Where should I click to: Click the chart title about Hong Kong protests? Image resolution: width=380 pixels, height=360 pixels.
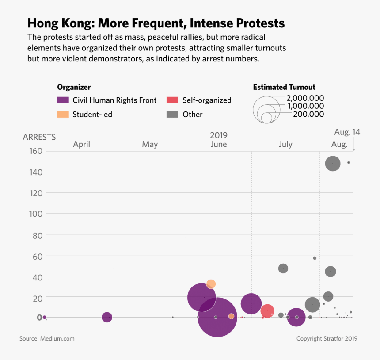(x=156, y=23)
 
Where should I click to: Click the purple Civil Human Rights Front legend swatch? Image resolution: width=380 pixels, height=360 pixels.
(x=64, y=100)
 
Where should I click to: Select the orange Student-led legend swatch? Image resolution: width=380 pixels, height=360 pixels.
(x=64, y=115)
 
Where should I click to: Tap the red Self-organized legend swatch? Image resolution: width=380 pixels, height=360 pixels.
(x=172, y=100)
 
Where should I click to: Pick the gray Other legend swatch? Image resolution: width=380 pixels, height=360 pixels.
(x=172, y=115)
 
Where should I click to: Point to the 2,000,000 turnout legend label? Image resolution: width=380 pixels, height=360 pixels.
(x=305, y=98)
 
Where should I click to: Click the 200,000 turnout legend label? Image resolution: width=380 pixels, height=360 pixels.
(x=308, y=114)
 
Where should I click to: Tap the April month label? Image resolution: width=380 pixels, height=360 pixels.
(x=81, y=144)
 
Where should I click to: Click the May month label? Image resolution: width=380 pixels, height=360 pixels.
(x=150, y=144)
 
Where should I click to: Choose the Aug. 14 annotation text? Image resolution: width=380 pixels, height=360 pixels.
(x=347, y=132)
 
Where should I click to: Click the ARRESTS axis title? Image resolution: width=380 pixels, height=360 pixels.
(x=39, y=137)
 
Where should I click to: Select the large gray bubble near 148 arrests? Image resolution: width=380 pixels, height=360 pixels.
(x=333, y=164)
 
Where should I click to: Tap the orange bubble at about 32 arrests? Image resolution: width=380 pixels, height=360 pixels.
(x=211, y=284)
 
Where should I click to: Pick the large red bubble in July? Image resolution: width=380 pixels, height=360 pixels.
(x=267, y=311)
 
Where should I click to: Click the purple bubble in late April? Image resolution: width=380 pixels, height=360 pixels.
(x=106, y=317)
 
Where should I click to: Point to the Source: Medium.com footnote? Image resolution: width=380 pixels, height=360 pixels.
(x=47, y=339)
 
